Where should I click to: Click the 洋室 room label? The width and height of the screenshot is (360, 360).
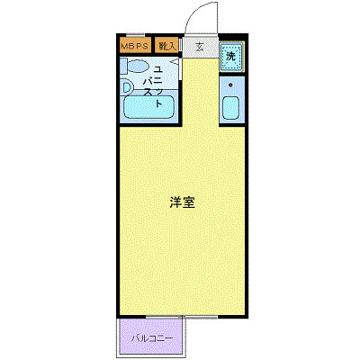point(183,202)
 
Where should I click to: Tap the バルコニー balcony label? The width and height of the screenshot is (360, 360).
point(152,339)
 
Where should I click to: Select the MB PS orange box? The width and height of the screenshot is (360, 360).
point(135,45)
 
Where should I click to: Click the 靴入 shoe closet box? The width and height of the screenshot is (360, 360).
point(166,45)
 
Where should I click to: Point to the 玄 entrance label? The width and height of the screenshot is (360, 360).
point(199,47)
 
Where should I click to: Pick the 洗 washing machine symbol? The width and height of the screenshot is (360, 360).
point(230,57)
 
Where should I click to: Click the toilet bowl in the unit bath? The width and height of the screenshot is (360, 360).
point(138,66)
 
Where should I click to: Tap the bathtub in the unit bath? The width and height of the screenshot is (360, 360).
point(148,107)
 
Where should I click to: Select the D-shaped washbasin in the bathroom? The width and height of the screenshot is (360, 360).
point(127,87)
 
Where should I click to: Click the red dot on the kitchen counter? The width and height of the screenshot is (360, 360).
point(230,85)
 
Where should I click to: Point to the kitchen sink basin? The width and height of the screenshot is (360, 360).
point(230,108)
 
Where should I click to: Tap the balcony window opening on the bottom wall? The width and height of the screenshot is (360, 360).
point(182,317)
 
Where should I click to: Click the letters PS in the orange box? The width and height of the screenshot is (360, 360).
point(143,47)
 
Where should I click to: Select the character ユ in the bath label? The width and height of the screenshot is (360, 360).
point(157,70)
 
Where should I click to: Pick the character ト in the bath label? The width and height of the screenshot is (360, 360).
point(158,103)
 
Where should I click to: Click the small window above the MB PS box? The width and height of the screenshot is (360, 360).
point(135,35)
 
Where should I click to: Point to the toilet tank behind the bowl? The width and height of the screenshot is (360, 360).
point(123,66)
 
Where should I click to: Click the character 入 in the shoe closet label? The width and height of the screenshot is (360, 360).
point(171,47)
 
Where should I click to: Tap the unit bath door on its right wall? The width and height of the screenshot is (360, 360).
point(180,69)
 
